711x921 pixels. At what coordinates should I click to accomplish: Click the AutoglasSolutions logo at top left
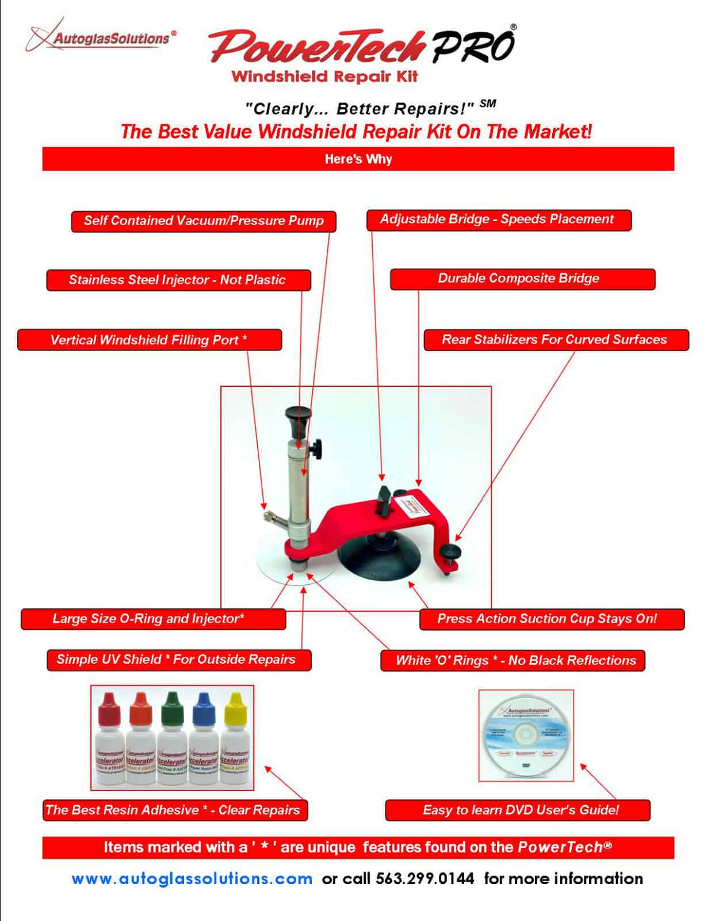101,37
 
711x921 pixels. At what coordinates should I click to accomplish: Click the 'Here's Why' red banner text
358,159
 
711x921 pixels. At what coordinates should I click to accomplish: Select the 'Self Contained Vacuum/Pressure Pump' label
204,221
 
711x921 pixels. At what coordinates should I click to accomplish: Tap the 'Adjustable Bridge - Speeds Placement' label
498,219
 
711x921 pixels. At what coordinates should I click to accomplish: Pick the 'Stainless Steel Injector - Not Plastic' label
178,280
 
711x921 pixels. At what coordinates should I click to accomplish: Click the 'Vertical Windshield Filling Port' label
149,340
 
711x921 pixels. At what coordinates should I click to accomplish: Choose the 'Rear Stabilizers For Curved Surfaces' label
555,340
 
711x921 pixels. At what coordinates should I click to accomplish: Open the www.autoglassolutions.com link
192,879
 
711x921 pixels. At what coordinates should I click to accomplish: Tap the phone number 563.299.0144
425,879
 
